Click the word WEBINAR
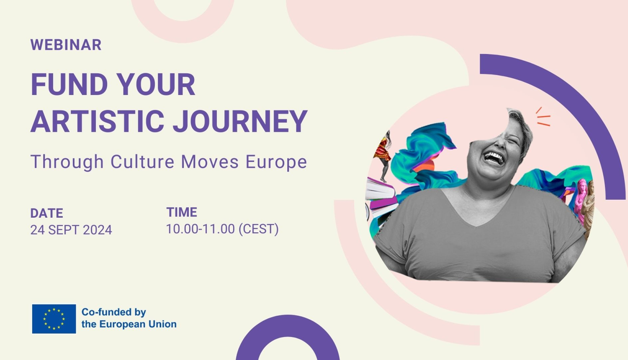tap(66, 45)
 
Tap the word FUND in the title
tap(69, 85)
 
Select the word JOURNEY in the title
tap(240, 121)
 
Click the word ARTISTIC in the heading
tap(97, 121)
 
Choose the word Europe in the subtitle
tap(276, 162)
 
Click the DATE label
tap(46, 213)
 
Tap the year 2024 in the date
tap(98, 230)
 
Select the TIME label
tap(182, 212)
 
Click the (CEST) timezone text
tap(258, 229)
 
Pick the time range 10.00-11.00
tap(201, 229)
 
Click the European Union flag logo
tap(54, 319)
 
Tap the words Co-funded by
tap(113, 312)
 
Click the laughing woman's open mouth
tap(494, 158)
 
